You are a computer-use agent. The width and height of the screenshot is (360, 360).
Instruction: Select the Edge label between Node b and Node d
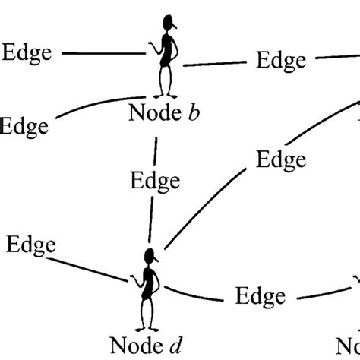(x=155, y=182)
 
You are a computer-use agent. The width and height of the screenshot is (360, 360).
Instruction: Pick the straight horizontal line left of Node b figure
(x=102, y=53)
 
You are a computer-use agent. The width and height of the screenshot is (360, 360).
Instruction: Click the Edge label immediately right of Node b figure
(x=280, y=60)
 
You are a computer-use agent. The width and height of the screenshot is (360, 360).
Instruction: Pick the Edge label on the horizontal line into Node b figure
(x=29, y=52)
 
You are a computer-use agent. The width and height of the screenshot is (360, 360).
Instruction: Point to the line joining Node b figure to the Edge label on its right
(x=216, y=64)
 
